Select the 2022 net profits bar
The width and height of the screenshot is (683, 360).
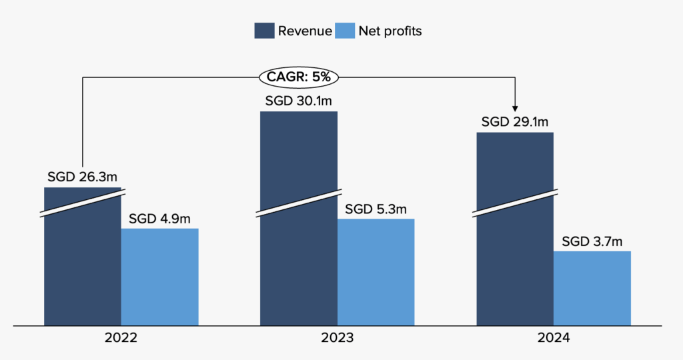click(x=159, y=277)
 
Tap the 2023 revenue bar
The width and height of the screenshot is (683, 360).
click(x=298, y=253)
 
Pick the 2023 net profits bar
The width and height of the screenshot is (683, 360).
click(x=376, y=272)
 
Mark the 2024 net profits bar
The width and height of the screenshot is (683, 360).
click(x=592, y=288)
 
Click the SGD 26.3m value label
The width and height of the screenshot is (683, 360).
click(x=83, y=177)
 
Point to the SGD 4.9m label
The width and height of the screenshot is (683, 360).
click(x=159, y=219)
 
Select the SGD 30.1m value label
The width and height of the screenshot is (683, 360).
click(x=298, y=101)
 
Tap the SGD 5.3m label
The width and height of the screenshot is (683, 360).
click(x=376, y=209)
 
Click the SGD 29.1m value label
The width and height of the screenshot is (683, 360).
click(x=515, y=123)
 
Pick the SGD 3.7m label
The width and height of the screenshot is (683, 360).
click(x=592, y=241)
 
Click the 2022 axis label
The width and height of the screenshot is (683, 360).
click(x=121, y=338)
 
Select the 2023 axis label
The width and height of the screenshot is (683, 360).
click(x=337, y=338)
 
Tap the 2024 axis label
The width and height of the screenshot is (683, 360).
click(x=553, y=338)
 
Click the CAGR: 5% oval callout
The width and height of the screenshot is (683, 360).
click(x=298, y=77)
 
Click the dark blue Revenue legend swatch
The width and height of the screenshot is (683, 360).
click(x=264, y=31)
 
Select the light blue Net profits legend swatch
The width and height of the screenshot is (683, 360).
click(x=345, y=31)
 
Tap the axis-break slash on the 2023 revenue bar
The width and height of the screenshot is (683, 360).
click(x=298, y=204)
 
